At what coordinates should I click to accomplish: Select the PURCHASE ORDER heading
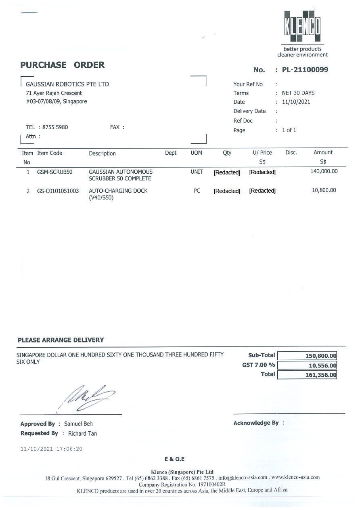point(63,65)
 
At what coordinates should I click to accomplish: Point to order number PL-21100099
point(305,70)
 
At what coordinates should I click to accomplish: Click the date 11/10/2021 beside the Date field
point(296,102)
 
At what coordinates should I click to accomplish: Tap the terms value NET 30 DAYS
point(298,93)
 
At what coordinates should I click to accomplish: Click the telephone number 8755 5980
point(55,127)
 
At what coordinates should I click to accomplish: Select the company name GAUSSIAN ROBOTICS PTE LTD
point(67,84)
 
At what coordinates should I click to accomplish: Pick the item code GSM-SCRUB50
point(54,172)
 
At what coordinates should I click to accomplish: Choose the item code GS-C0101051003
point(58,191)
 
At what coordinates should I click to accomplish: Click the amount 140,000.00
point(324,171)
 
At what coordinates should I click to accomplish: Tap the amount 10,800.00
point(324,190)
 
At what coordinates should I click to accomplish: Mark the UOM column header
point(196,153)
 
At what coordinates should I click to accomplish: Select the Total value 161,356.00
point(320,375)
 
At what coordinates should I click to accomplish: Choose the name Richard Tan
point(82,434)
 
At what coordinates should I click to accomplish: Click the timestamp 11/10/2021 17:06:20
point(51,449)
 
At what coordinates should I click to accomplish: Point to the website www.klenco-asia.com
point(295,477)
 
